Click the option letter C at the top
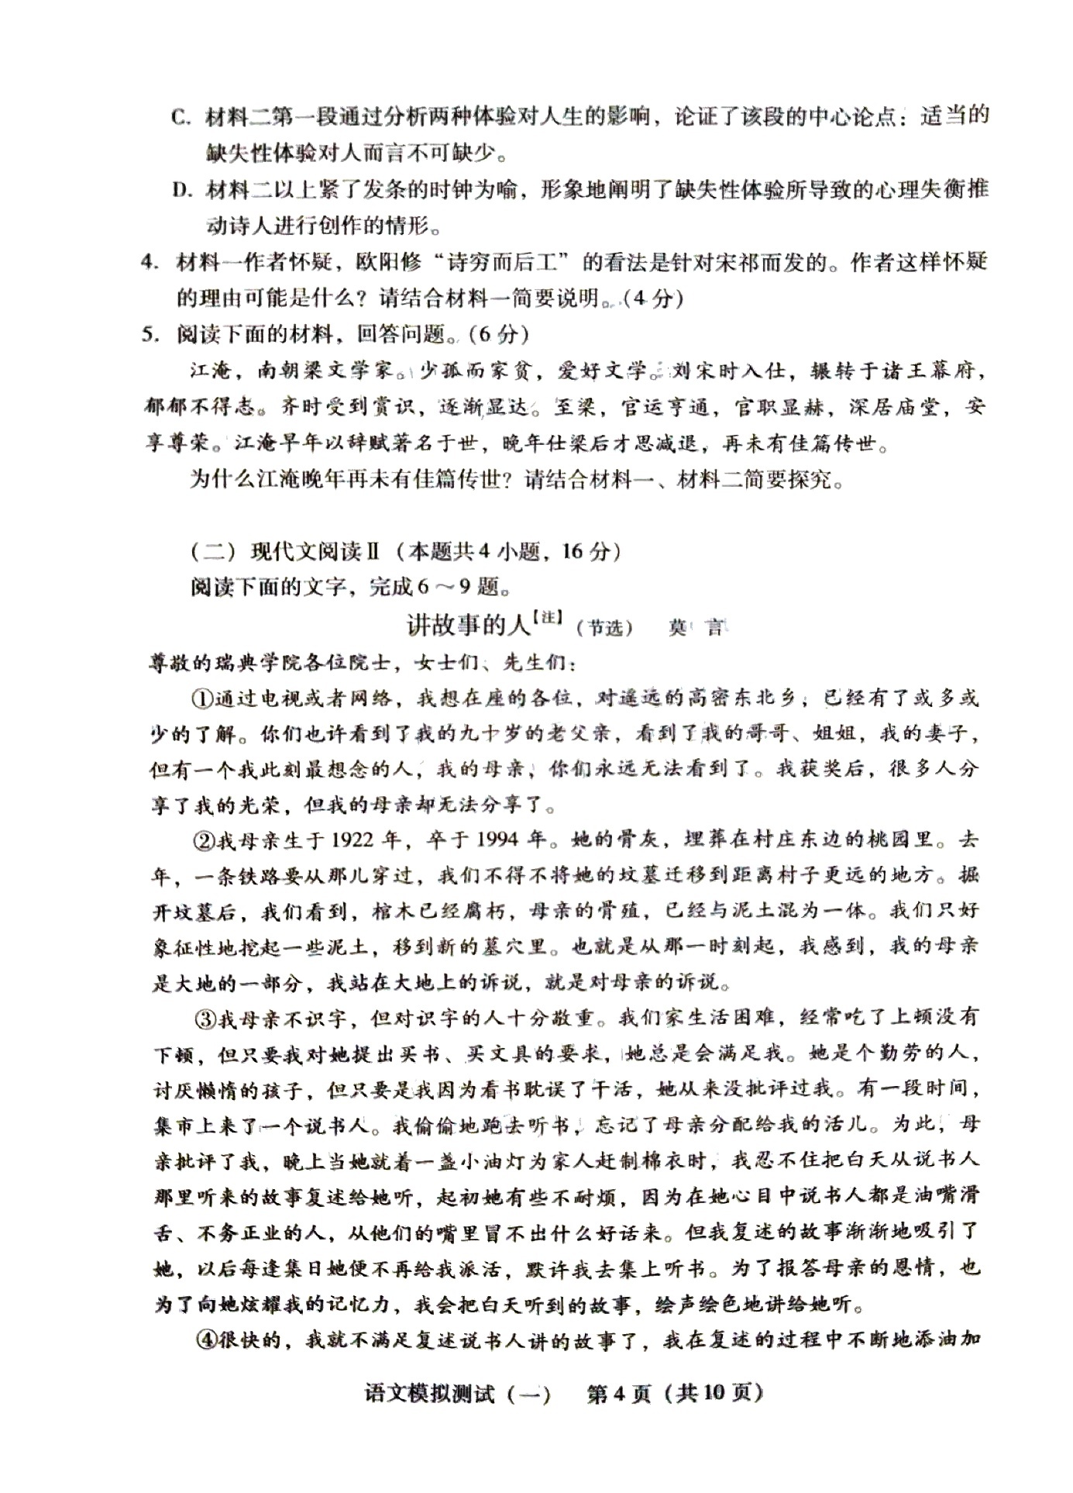[181, 118]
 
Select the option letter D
[181, 190]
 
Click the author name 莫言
[695, 628]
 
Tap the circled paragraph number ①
[204, 698]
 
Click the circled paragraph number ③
[204, 1018]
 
